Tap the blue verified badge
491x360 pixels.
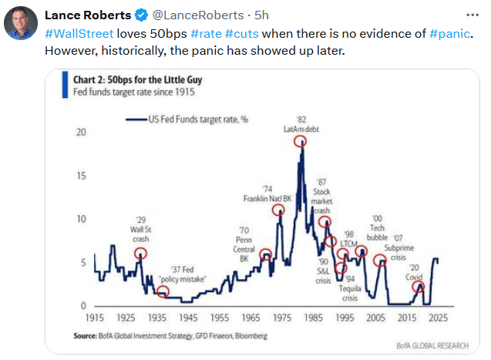(142, 15)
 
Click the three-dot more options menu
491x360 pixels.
(472, 15)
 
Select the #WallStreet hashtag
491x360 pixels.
(79, 34)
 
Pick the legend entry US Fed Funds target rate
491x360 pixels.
(187, 119)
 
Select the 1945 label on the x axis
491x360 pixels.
(187, 318)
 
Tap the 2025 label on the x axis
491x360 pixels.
(439, 318)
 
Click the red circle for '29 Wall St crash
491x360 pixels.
(140, 254)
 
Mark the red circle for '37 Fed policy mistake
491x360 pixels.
(163, 291)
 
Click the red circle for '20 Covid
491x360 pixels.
(418, 287)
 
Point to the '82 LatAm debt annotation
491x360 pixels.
(301, 125)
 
